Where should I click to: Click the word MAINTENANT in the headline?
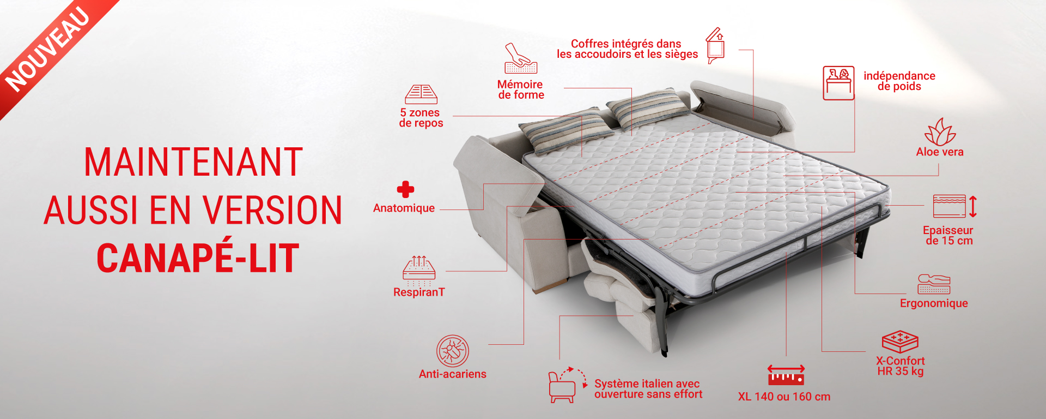tap(193, 162)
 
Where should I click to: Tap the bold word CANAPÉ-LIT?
tap(198, 258)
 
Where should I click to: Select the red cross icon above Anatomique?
tap(405, 189)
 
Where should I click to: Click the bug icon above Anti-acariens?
tap(452, 351)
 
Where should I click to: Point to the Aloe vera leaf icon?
tap(940, 132)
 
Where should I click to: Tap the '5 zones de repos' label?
tap(421, 118)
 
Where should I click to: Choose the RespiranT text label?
tap(419, 292)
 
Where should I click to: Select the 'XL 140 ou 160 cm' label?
tap(784, 397)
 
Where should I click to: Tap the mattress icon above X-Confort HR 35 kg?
tap(900, 342)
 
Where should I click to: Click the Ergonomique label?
tap(934, 303)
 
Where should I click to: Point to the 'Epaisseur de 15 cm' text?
tap(948, 236)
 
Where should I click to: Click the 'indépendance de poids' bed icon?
tap(838, 83)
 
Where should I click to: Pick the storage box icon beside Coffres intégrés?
tap(715, 46)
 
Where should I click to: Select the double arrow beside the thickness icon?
tap(973, 207)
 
